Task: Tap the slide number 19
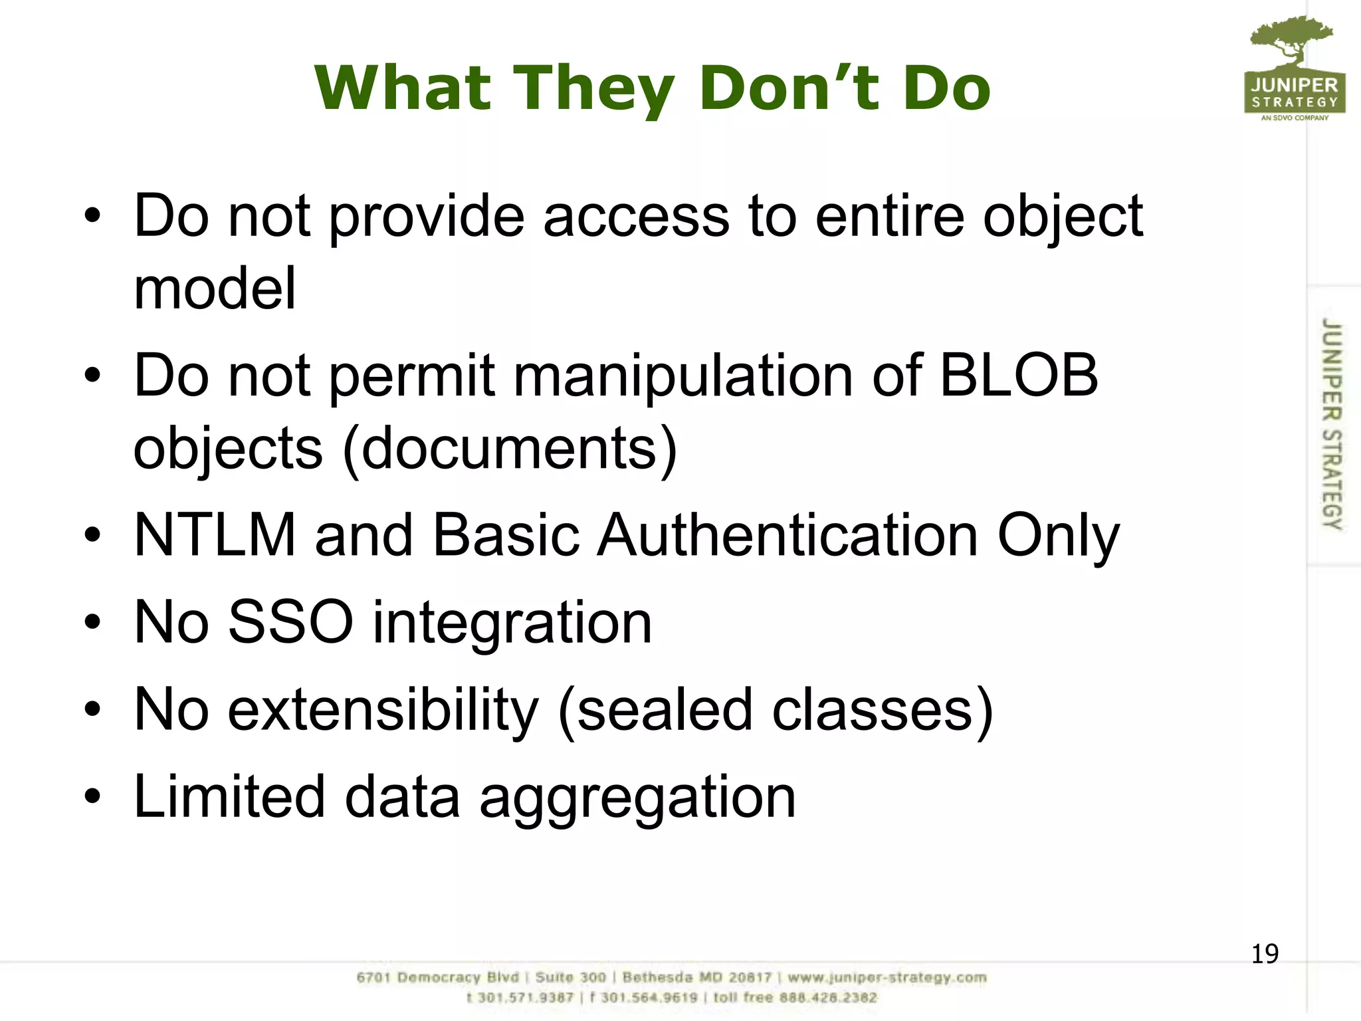click(x=1264, y=954)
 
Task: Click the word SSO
click(x=290, y=622)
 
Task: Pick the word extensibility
click(x=383, y=710)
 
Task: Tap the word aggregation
click(x=637, y=798)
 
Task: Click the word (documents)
click(x=510, y=449)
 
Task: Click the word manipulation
click(x=683, y=376)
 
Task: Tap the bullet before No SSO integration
click(x=92, y=622)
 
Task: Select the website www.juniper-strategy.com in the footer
click(x=887, y=978)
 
